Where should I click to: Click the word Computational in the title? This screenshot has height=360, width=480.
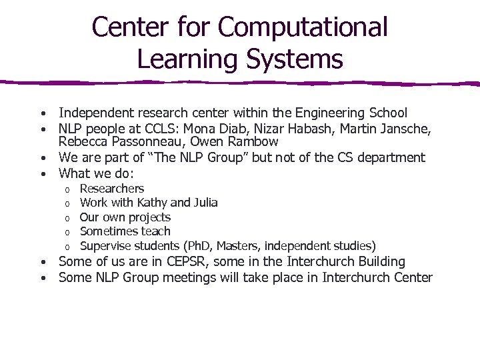pos(303,28)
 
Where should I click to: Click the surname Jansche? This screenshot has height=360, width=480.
pos(407,128)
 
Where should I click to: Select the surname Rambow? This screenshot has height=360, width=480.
pos(253,142)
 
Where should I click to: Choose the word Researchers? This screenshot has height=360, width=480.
pos(111,189)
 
